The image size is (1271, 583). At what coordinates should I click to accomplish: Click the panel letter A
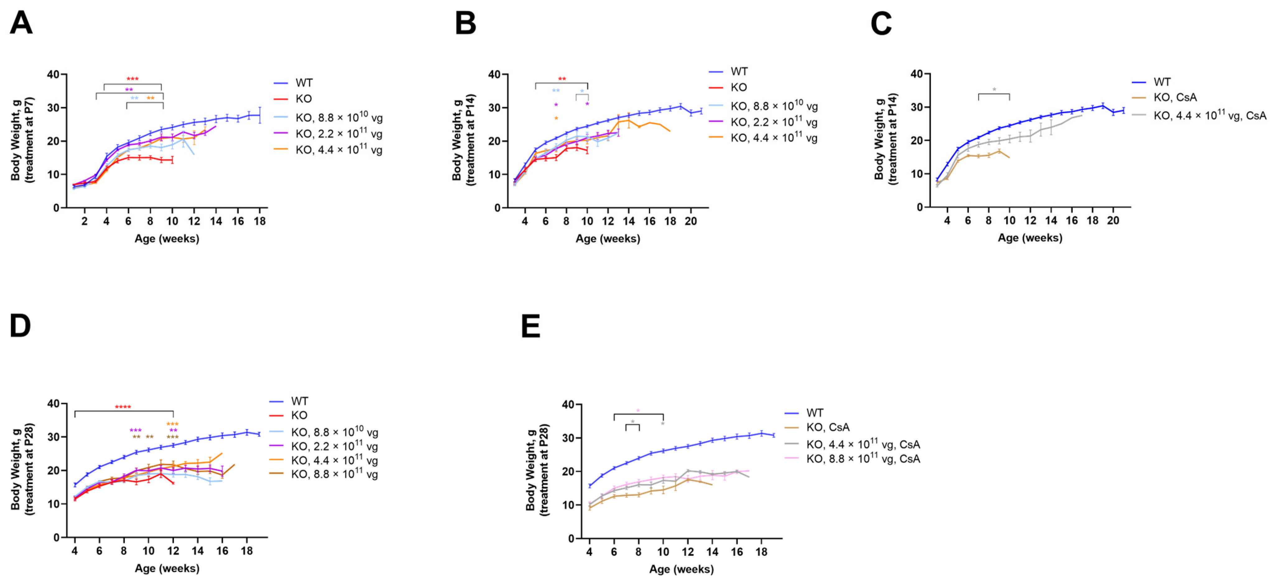point(21,23)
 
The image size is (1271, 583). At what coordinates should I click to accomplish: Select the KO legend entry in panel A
point(303,99)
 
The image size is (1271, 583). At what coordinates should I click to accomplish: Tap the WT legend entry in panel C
point(1162,82)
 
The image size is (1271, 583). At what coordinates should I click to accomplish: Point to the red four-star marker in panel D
point(123,407)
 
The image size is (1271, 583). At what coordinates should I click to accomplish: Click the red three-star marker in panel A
point(132,79)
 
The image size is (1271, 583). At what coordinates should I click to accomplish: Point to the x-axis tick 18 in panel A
point(260,221)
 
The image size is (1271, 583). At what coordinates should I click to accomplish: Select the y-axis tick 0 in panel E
point(571,538)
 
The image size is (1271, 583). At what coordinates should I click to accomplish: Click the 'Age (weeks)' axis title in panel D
point(167,568)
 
